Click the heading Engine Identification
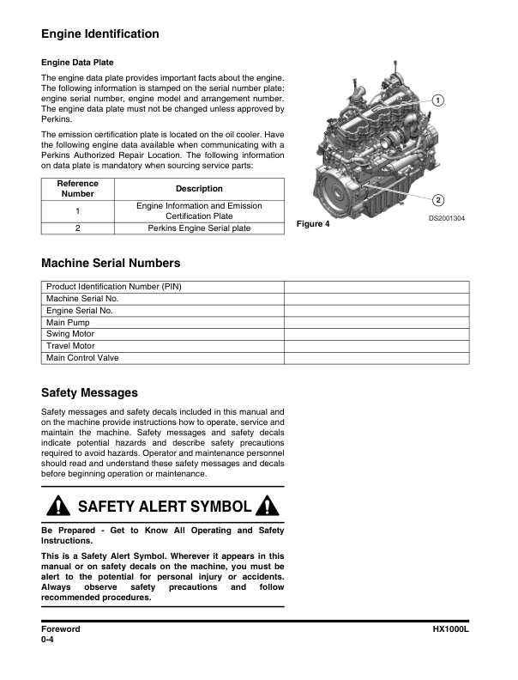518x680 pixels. click(99, 34)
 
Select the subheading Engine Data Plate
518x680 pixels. click(77, 63)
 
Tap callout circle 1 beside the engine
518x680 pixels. click(438, 100)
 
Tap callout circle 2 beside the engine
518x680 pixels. click(438, 201)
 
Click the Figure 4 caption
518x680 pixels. click(312, 225)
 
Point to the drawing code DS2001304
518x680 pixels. click(448, 219)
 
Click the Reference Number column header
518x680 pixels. click(77, 189)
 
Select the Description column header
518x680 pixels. click(199, 189)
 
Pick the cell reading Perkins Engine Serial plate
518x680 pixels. click(199, 228)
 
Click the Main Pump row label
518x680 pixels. click(68, 322)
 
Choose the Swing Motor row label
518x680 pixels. click(70, 334)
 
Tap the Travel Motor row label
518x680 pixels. click(70, 346)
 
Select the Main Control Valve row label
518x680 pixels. click(82, 358)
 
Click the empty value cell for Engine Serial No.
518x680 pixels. click(376, 310)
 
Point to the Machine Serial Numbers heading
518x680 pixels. click(111, 264)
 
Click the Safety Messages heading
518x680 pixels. click(89, 393)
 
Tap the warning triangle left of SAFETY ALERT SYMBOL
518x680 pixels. click(58, 507)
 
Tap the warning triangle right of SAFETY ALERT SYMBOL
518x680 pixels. click(268, 507)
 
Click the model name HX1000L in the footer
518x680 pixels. click(451, 629)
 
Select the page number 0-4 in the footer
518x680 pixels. click(48, 641)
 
